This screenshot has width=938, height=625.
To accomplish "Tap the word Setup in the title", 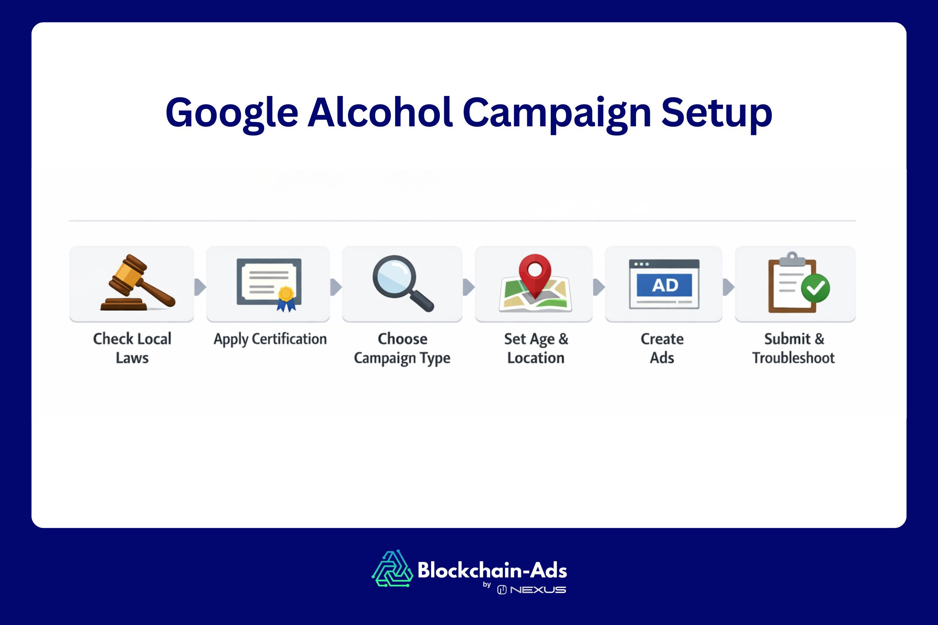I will [x=716, y=114].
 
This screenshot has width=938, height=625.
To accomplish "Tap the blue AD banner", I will [x=664, y=285].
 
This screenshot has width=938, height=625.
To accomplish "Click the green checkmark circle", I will [x=815, y=288].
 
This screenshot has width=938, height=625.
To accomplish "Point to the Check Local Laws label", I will [x=132, y=348].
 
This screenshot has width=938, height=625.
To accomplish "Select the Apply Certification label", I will [x=270, y=339].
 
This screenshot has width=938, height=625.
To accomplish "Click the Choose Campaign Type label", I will [x=402, y=348].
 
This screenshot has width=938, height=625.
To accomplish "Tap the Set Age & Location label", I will [x=536, y=348].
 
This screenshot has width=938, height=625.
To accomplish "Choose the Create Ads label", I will [x=662, y=348].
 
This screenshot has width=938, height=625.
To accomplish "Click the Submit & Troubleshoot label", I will [x=793, y=348].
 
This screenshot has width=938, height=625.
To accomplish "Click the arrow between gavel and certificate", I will [x=200, y=287].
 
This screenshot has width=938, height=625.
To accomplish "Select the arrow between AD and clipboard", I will [x=728, y=287].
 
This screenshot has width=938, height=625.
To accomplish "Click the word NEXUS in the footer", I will [x=538, y=590].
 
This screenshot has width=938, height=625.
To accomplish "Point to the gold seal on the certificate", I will [x=286, y=294].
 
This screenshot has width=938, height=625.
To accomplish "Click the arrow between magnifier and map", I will [x=469, y=287].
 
